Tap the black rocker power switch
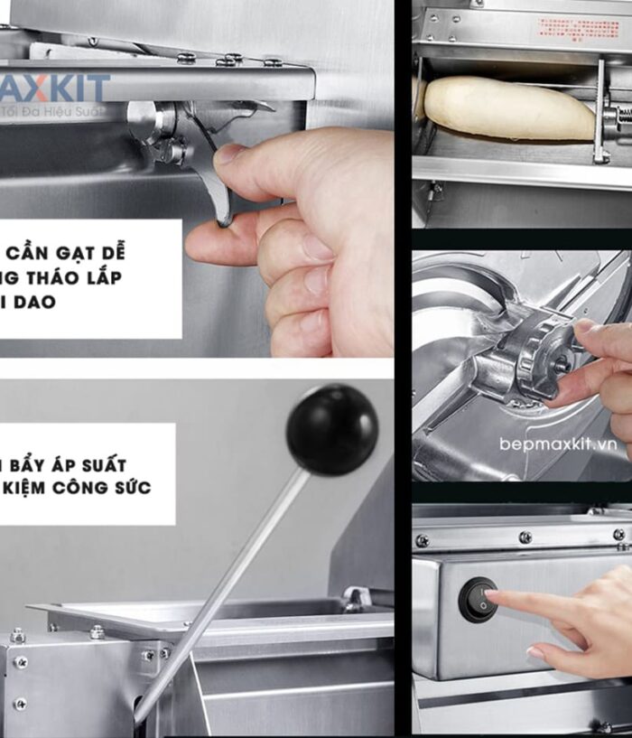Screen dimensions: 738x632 coord(478,600)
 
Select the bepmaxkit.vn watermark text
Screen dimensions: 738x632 coord(557,444)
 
